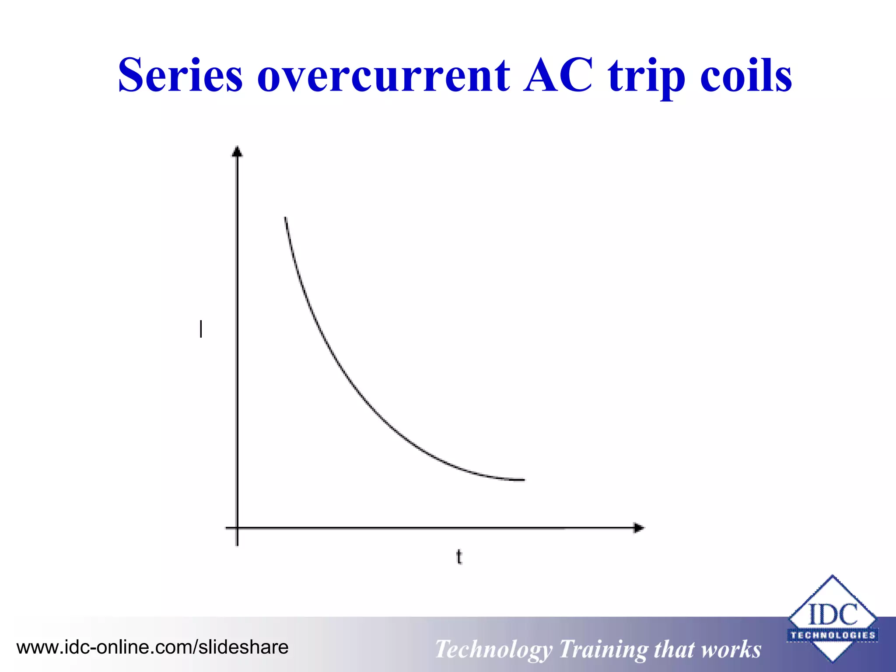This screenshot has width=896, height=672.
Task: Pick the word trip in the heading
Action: pos(647,77)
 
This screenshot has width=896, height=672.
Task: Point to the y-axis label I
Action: pos(201,329)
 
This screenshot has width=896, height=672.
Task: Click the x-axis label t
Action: pos(459,557)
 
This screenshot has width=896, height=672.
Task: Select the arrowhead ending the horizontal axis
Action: pos(639,528)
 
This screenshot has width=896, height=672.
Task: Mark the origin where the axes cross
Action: pos(237,528)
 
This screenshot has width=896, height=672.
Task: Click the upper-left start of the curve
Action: pos(286,218)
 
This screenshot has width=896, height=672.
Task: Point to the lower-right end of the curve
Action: pos(523,480)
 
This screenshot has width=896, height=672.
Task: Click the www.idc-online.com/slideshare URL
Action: pos(152,647)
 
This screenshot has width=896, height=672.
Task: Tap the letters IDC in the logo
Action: pos(833,614)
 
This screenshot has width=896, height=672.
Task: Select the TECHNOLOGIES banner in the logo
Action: pos(833,635)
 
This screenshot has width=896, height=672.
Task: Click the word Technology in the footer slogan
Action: pos(493,649)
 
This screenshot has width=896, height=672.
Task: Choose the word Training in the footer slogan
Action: pos(603,649)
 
